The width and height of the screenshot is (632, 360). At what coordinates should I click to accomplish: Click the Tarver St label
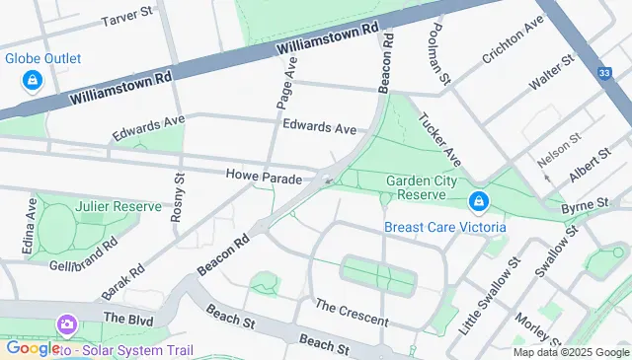click(129, 17)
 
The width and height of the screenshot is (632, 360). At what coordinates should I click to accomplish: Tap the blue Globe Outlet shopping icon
click(33, 79)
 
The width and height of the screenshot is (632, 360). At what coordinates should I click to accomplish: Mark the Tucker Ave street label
click(439, 141)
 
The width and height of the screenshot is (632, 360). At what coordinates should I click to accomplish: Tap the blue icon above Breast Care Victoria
click(479, 202)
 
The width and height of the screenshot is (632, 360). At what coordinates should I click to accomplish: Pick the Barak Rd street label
click(123, 281)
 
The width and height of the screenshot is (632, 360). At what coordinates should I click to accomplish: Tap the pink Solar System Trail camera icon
click(67, 324)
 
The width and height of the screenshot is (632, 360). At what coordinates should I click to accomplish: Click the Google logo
click(32, 348)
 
